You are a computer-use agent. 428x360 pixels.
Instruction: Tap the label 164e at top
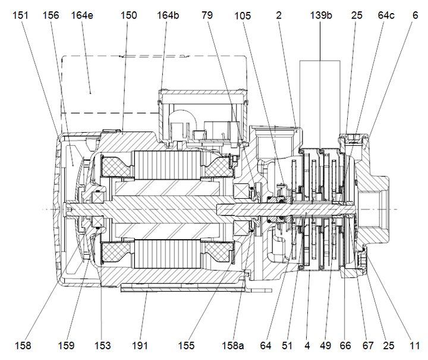click(82, 16)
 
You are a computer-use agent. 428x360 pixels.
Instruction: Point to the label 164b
click(169, 16)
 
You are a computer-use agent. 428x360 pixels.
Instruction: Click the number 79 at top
click(207, 16)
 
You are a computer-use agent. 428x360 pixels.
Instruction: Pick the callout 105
click(243, 16)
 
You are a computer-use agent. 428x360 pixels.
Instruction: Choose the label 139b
click(321, 16)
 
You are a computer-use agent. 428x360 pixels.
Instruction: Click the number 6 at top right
click(414, 16)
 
